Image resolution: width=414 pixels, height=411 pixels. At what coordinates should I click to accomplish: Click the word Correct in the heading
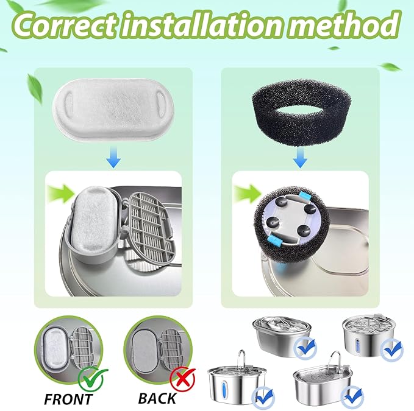coord(65,24)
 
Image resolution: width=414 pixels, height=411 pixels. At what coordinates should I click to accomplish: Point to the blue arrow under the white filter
coord(113,159)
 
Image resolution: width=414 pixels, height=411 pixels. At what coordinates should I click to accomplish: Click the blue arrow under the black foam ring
coord(300,158)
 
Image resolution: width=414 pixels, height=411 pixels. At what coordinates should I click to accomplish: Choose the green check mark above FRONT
coord(93,379)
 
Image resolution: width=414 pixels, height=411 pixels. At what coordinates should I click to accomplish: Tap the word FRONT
coord(69,399)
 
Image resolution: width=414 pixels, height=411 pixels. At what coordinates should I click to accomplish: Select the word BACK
coord(157,398)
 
